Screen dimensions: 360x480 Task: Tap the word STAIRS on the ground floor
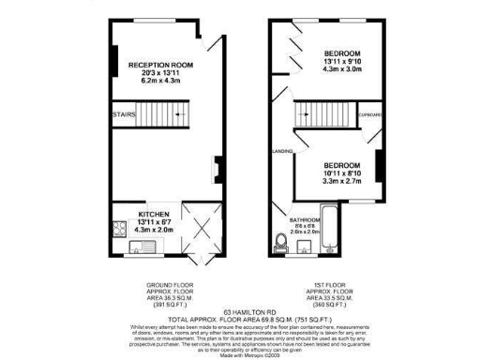pyautogui.click(x=125, y=114)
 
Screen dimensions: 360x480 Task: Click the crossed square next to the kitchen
pyautogui.click(x=199, y=225)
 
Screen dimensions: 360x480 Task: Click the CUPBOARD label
pyautogui.click(x=368, y=114)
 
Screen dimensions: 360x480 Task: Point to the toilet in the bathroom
pyautogui.click(x=284, y=243)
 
